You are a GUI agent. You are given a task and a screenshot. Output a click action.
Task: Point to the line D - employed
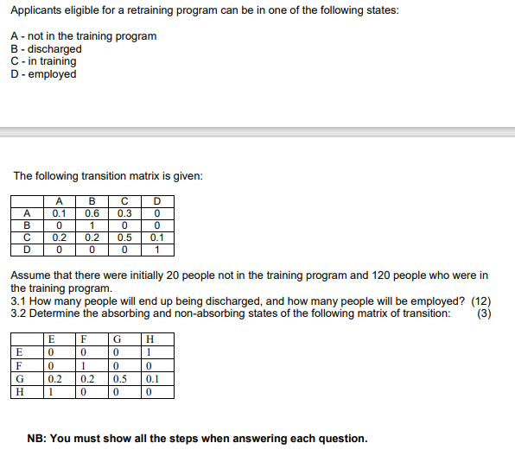coord(43,74)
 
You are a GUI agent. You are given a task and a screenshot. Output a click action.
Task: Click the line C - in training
coord(43,61)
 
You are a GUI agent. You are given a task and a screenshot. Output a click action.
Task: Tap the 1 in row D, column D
coord(156,250)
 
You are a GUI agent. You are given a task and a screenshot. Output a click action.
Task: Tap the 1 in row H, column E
coord(52,391)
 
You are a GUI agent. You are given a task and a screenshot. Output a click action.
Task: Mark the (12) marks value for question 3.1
coord(480,301)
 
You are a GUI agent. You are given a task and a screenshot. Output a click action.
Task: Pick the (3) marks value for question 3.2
coord(485,313)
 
